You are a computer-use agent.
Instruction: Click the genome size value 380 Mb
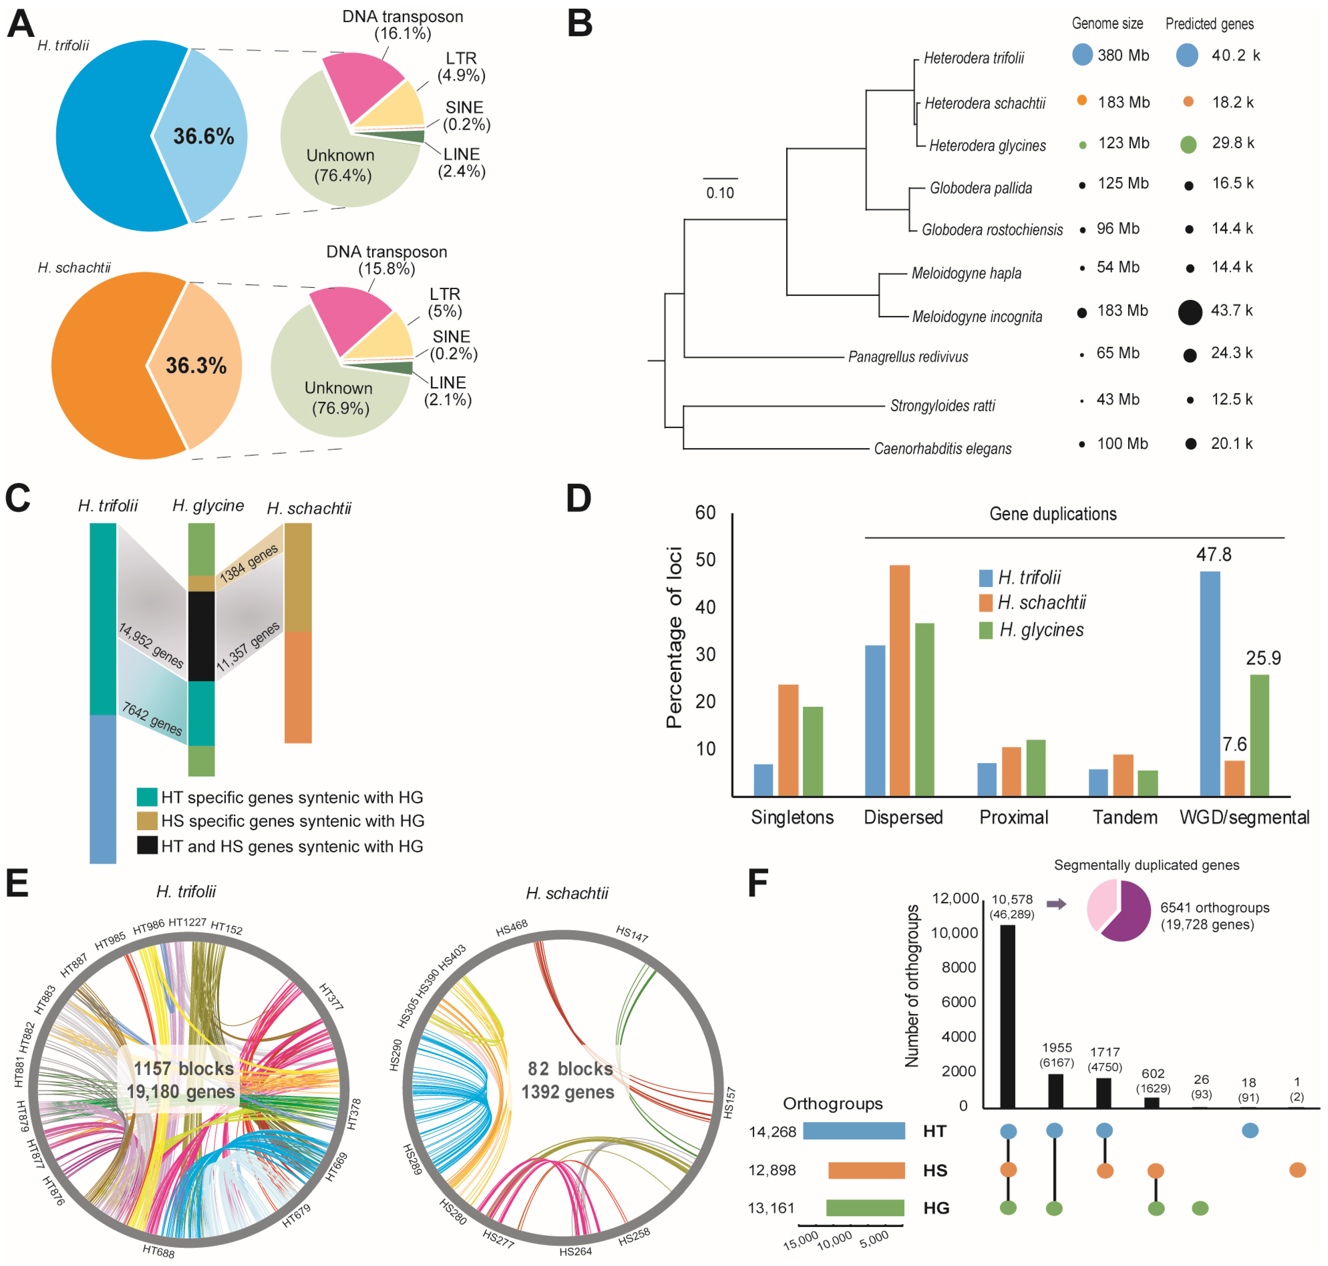(1123, 55)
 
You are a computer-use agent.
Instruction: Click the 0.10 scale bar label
(720, 193)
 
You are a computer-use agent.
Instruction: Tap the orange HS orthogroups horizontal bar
(866, 1170)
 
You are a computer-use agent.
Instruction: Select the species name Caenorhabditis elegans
(943, 449)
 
